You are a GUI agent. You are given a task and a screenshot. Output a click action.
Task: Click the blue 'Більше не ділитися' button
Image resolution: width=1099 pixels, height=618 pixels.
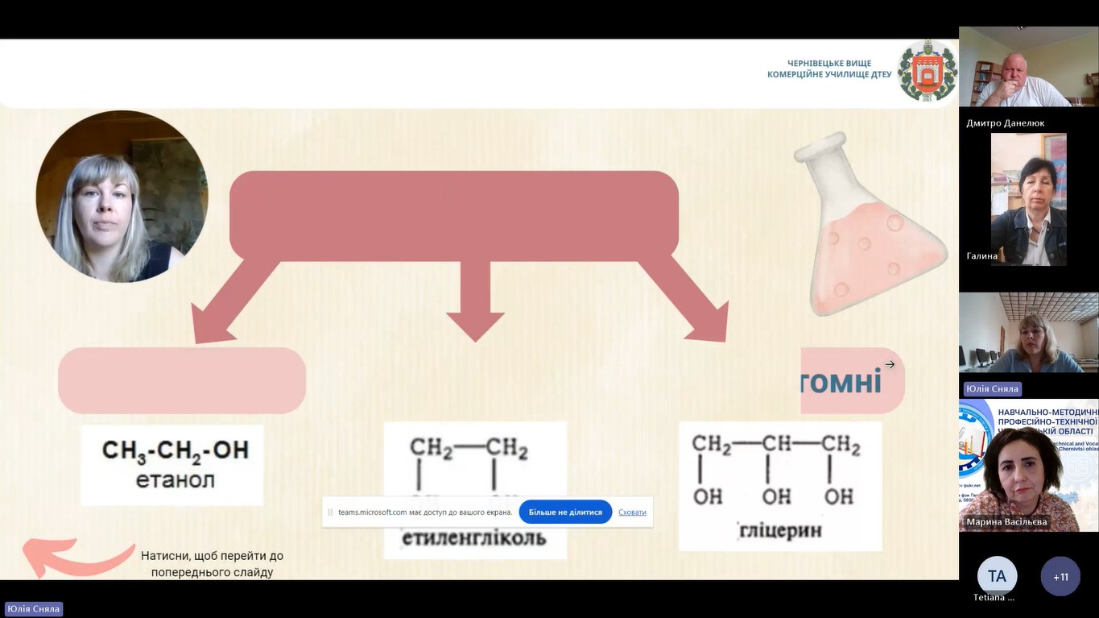[x=565, y=512]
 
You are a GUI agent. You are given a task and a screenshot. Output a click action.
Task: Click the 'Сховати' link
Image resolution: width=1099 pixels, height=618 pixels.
[x=632, y=512]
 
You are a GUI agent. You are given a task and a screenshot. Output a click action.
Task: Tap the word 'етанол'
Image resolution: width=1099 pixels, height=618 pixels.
[x=175, y=481]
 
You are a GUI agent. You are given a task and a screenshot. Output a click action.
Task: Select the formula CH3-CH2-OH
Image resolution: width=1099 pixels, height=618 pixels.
[x=175, y=450]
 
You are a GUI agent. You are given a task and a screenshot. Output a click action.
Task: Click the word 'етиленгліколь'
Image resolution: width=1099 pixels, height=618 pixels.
[x=474, y=537]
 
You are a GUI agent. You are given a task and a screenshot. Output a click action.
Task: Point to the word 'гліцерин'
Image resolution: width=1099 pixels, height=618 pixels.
[x=779, y=531]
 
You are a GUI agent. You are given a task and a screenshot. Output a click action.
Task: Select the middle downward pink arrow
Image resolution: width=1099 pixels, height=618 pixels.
[x=475, y=301]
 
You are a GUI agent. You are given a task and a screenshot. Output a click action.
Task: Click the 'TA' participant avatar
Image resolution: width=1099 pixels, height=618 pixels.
[x=997, y=576]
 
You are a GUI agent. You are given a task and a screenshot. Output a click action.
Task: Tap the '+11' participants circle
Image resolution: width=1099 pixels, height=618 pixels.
[x=1060, y=576]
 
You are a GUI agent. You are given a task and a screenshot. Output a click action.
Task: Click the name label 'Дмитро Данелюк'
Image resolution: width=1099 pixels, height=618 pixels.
[x=1006, y=123]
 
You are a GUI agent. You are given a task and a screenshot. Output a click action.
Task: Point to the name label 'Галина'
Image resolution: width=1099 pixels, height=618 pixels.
[x=982, y=256]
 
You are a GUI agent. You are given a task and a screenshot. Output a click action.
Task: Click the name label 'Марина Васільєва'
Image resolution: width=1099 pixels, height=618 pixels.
[x=1007, y=522]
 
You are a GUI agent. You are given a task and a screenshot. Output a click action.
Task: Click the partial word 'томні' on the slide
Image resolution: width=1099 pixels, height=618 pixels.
[x=841, y=381]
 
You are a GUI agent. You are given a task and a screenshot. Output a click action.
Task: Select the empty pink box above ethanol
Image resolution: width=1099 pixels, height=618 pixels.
[x=182, y=380]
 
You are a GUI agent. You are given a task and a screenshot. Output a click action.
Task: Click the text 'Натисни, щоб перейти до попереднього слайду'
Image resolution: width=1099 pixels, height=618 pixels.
[x=212, y=564]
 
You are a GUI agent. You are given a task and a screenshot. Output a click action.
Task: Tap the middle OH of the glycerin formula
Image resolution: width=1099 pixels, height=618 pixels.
[x=776, y=496]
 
